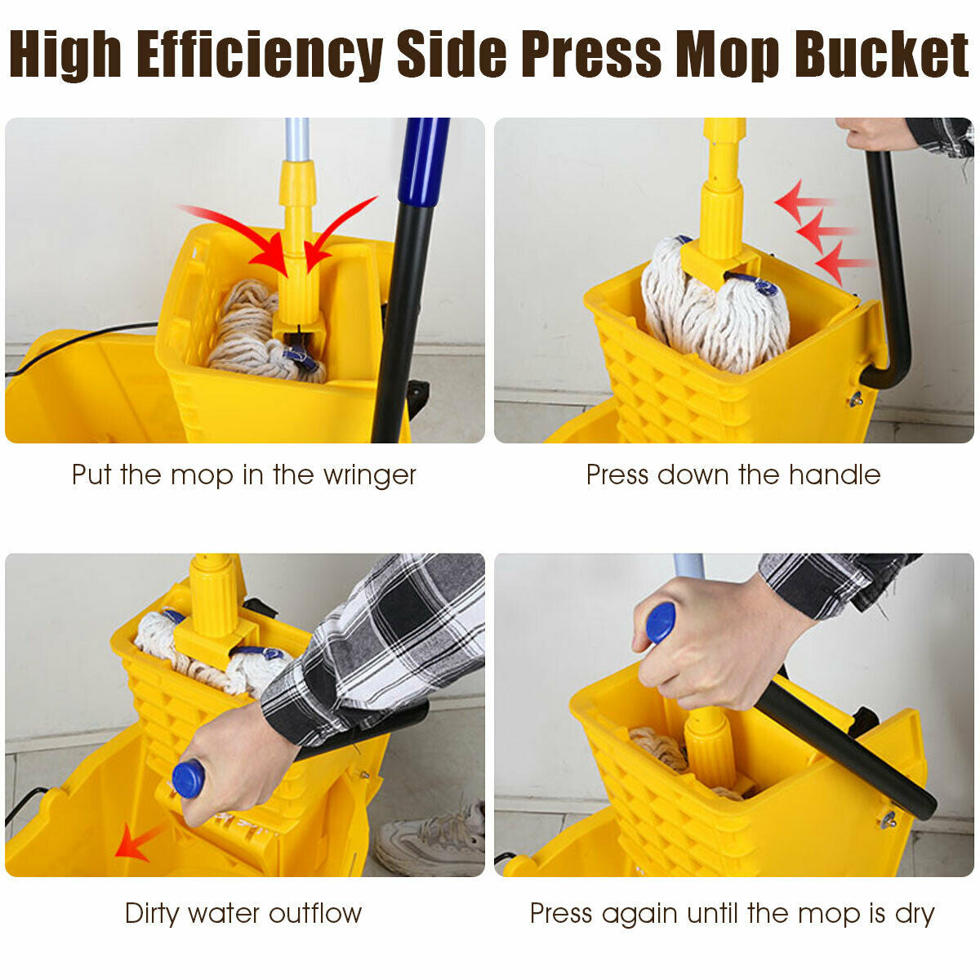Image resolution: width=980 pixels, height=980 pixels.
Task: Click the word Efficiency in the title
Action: tap(260, 55)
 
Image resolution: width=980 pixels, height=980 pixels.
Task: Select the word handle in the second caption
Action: tap(839, 475)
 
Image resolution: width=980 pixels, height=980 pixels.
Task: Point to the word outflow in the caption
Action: tap(315, 913)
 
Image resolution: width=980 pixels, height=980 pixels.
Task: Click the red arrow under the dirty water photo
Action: tap(135, 842)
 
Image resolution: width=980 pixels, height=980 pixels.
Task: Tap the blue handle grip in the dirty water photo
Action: tap(188, 778)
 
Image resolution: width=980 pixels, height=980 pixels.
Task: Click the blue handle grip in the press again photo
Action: tap(660, 622)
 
